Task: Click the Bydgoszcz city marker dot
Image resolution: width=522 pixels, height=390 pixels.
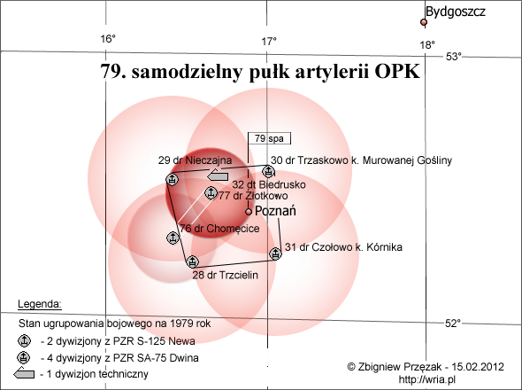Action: (x=424, y=22)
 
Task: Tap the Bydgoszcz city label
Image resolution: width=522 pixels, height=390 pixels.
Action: (x=455, y=12)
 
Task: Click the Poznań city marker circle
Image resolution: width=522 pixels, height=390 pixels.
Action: (x=249, y=212)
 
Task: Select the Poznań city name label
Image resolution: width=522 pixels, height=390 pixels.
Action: (x=275, y=211)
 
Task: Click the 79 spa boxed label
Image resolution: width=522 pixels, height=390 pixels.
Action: (x=269, y=138)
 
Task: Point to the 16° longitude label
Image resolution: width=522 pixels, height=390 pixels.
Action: (x=108, y=39)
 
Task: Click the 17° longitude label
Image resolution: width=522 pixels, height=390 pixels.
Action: (x=269, y=42)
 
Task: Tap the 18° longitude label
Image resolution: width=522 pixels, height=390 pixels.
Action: (x=427, y=44)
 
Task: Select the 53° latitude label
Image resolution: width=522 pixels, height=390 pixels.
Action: (x=454, y=57)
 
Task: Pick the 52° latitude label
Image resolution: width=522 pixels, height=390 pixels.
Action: (x=453, y=323)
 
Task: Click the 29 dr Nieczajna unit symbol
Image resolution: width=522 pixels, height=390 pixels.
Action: (x=173, y=179)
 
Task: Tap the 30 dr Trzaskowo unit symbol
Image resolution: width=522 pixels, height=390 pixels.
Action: (x=268, y=171)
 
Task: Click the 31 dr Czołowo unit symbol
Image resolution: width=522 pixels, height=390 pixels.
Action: (x=275, y=253)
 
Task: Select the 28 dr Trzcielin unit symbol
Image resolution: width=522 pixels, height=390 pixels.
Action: (x=192, y=261)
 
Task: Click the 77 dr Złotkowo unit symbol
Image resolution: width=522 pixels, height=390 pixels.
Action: (x=210, y=193)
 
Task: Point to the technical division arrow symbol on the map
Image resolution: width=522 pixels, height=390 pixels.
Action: (x=218, y=175)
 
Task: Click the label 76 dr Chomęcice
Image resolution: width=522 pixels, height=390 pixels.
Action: (x=219, y=229)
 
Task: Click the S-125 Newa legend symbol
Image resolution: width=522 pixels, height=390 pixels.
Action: (x=24, y=341)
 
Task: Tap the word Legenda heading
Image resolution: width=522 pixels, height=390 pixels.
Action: (x=40, y=304)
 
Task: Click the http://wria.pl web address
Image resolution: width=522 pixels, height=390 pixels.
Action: (x=427, y=379)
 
